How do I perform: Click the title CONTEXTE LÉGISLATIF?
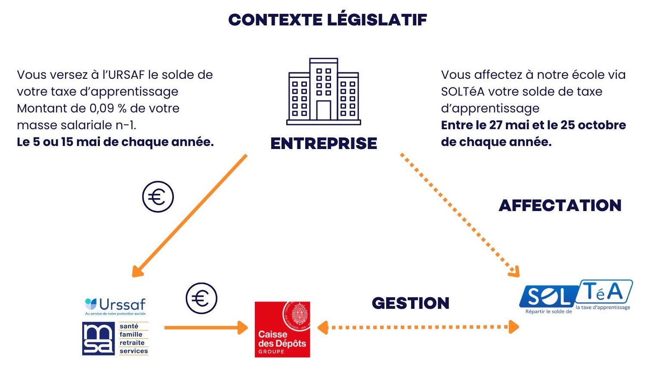[327, 20]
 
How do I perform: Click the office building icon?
[324, 92]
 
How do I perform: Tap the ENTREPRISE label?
[324, 143]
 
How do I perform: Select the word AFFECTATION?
[560, 205]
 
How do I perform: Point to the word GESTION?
[411, 303]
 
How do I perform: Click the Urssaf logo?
[115, 306]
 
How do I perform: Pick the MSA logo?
[115, 339]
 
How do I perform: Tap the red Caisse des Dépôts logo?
[282, 329]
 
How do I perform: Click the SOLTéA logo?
[576, 297]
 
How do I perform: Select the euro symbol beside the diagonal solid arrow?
[158, 197]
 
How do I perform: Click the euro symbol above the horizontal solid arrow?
[201, 298]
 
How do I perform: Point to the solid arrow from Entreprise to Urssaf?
[189, 215]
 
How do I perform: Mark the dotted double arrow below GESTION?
[418, 327]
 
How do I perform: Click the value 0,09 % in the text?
[108, 109]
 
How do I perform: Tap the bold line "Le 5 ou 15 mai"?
[115, 142]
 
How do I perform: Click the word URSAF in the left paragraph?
[126, 75]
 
